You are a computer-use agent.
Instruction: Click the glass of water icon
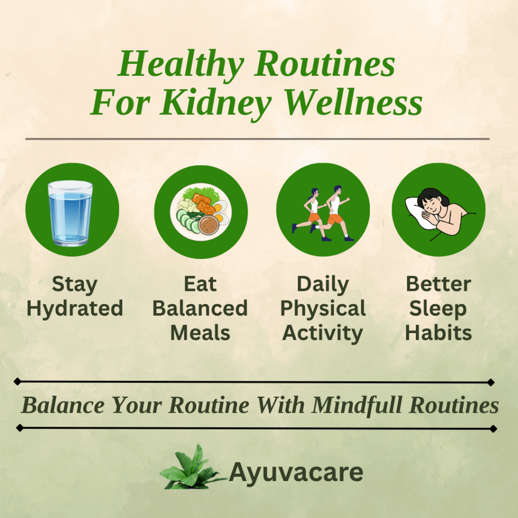tap(70, 213)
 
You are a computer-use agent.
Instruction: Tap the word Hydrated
tap(75, 309)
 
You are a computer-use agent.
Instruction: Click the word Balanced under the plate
tap(200, 309)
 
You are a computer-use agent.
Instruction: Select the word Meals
tap(200, 333)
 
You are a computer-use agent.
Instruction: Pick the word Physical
tap(323, 309)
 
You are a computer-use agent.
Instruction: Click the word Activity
tap(323, 333)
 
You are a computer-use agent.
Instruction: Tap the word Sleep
tap(438, 309)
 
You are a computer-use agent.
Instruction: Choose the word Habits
tap(439, 333)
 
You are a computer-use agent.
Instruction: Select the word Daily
tap(323, 284)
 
